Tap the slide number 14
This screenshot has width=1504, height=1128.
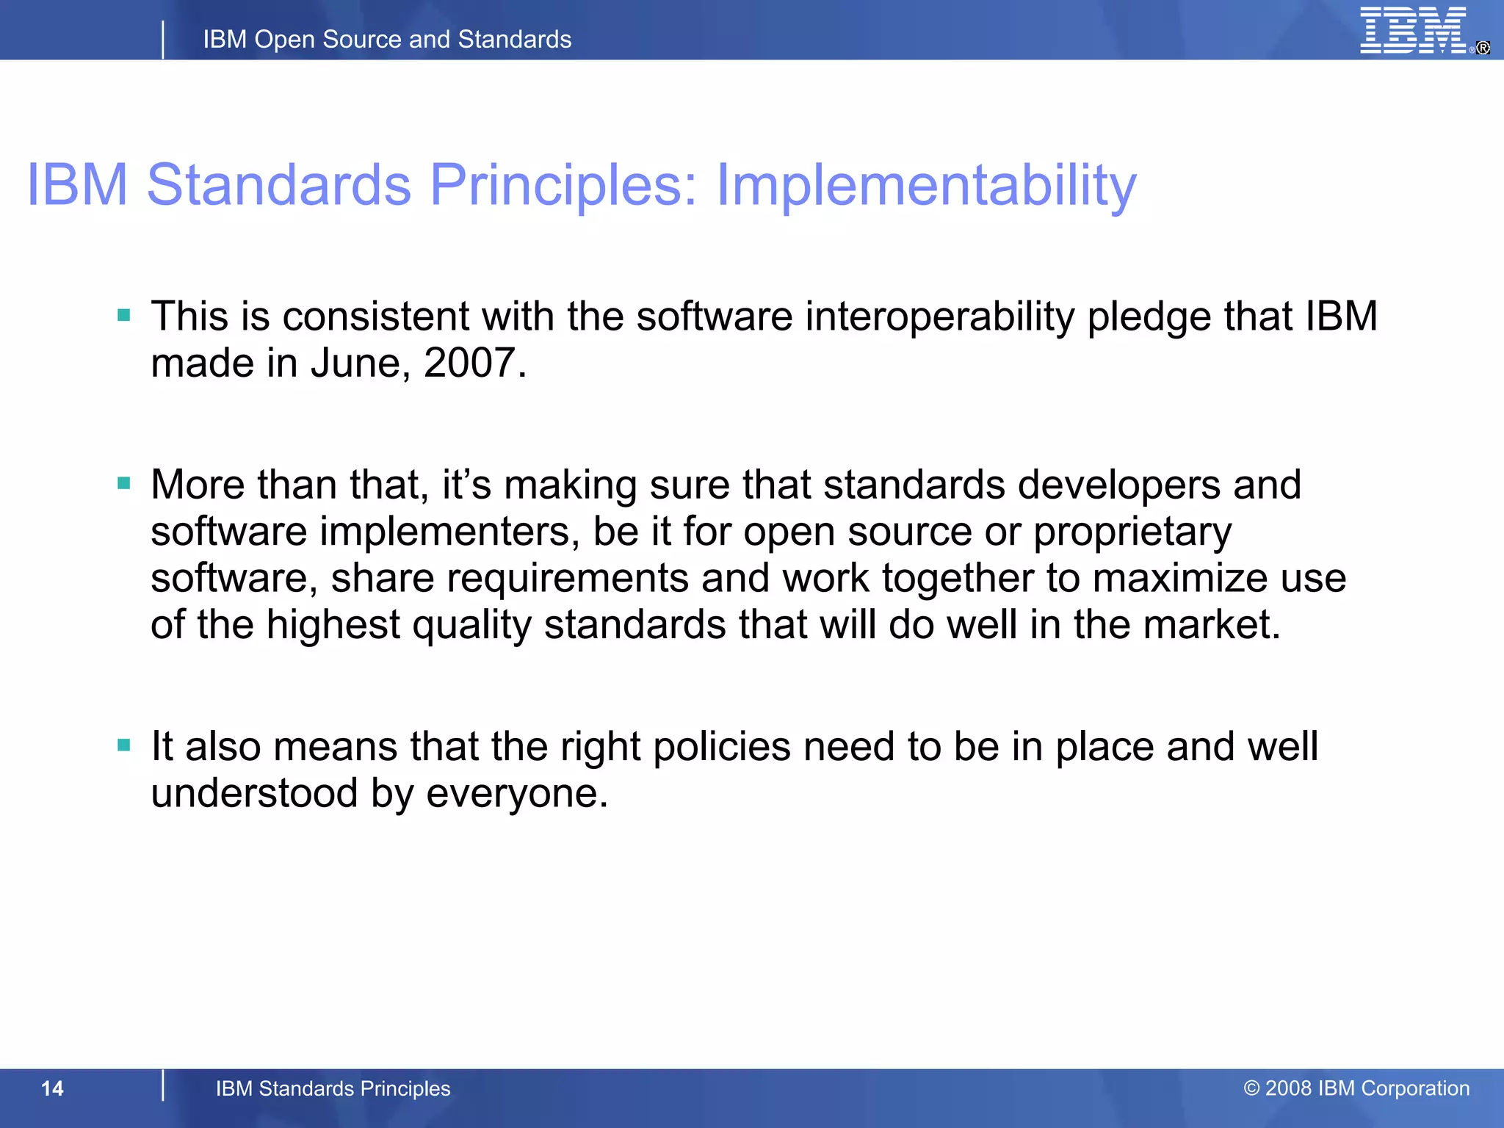pos(52,1088)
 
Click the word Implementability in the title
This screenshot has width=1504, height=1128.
pos(926,185)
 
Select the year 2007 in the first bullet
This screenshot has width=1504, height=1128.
pos(470,364)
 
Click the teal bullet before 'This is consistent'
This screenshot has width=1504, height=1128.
pos(124,316)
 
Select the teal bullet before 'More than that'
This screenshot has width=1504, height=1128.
pos(124,483)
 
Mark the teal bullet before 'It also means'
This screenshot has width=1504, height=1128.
pos(124,745)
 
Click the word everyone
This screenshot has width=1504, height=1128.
pos(516,794)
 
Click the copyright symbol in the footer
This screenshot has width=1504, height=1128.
pos(1251,1088)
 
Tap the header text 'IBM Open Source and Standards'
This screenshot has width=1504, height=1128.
pos(387,40)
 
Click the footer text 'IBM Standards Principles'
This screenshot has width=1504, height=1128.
pos(333,1088)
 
